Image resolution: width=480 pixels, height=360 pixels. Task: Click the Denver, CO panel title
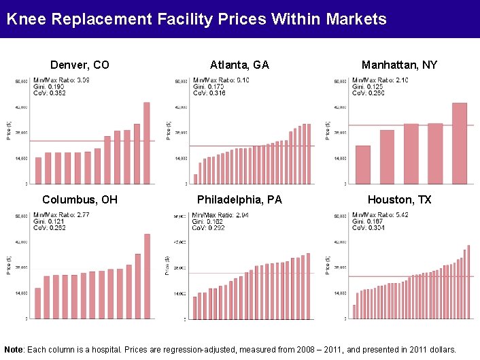click(x=80, y=65)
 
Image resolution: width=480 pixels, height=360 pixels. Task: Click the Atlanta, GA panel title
click(x=239, y=65)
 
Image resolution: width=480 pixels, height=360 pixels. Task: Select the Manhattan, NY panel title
click(x=399, y=65)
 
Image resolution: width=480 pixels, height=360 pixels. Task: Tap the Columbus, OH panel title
click(x=80, y=200)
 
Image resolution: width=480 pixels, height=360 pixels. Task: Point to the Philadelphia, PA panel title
click(x=239, y=200)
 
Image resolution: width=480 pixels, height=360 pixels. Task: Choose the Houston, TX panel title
click(x=399, y=200)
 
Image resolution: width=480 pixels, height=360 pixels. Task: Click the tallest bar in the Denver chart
click(x=146, y=143)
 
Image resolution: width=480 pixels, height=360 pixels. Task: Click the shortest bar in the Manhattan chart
click(x=363, y=165)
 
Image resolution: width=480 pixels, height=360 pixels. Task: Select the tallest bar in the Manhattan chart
click(x=459, y=143)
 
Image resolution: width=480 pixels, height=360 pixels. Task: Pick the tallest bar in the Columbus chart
click(x=147, y=276)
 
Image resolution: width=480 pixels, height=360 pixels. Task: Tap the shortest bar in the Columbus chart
click(x=38, y=303)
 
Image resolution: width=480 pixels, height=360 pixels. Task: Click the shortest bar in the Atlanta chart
click(x=195, y=179)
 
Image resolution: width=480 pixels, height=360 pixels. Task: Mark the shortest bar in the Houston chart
click(x=354, y=312)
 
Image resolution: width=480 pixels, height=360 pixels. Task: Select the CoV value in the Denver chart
click(x=49, y=93)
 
